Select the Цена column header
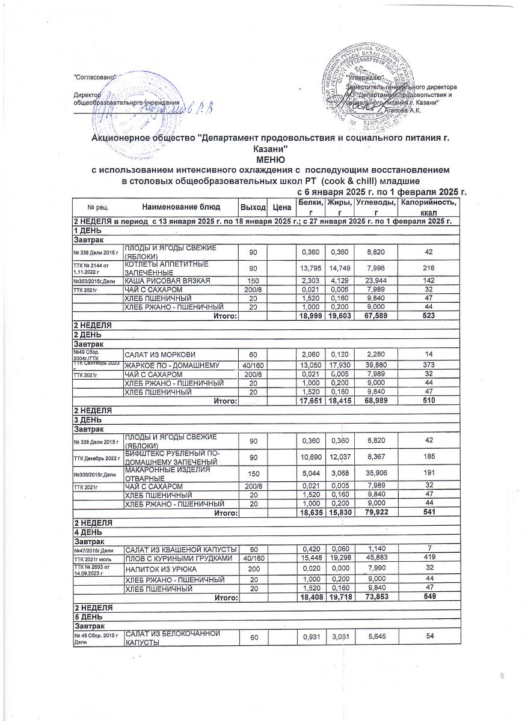point(278,207)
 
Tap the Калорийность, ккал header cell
point(428,207)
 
